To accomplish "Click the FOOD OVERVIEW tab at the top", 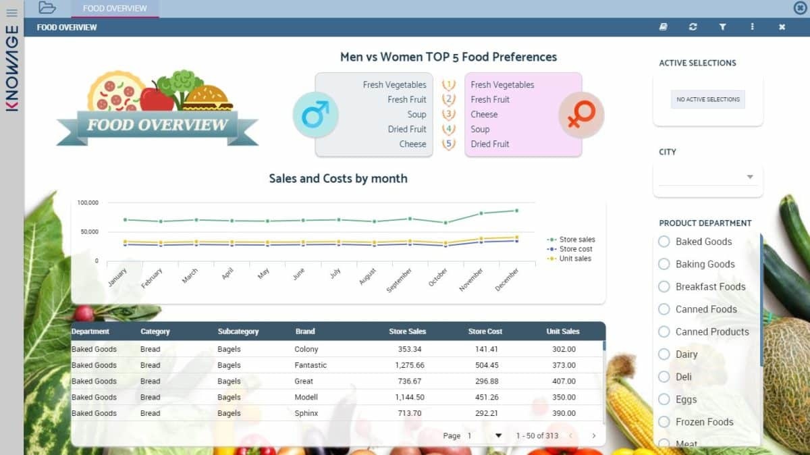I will click(x=115, y=9).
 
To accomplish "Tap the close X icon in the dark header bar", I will click(x=782, y=27).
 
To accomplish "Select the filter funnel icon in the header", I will click(x=722, y=27).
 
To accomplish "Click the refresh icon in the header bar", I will click(x=693, y=27).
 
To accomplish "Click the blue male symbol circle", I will click(x=315, y=114).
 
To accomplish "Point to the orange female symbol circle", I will click(x=580, y=115).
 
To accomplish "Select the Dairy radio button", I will click(x=664, y=354).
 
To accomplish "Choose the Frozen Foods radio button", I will click(x=664, y=422).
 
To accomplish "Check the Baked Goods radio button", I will click(x=664, y=242).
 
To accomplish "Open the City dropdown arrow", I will click(x=749, y=177).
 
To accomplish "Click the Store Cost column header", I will click(x=485, y=331).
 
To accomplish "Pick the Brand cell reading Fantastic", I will click(x=310, y=365).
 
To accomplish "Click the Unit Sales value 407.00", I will click(x=564, y=381).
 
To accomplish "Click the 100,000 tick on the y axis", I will click(x=88, y=203).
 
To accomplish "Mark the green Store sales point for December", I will click(x=517, y=211).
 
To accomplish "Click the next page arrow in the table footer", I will click(x=594, y=436).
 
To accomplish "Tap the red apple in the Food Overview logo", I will click(x=156, y=99).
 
